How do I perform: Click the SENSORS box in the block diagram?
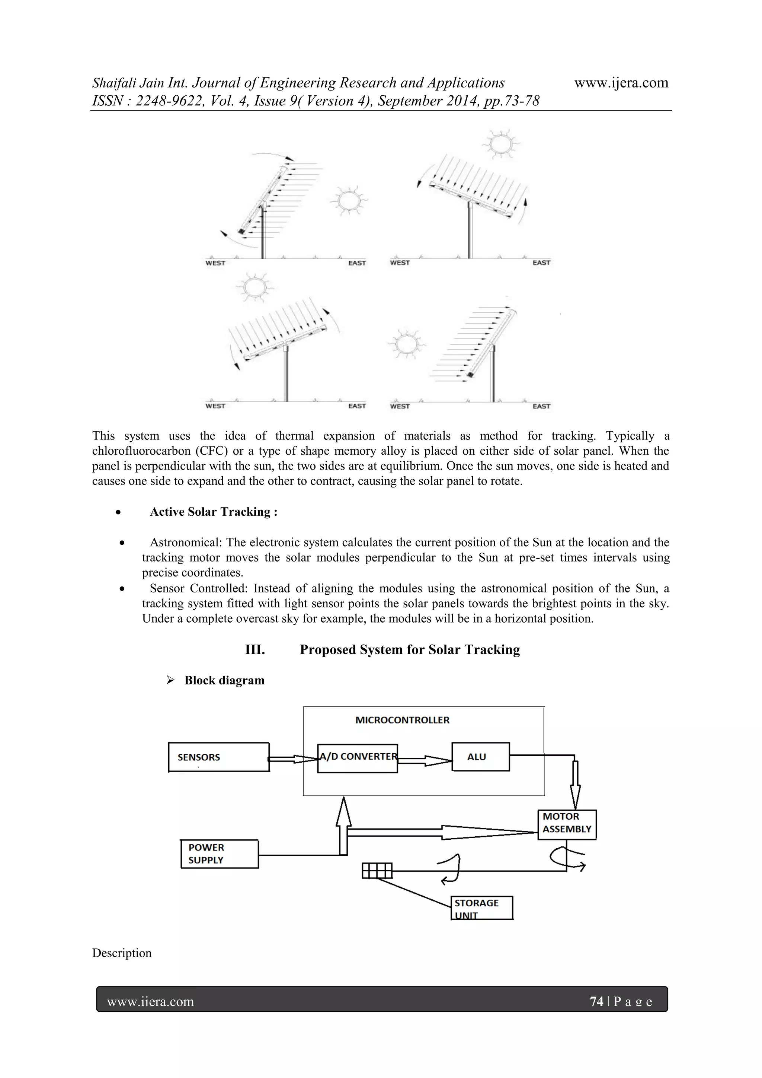click(219, 757)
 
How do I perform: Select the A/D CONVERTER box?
click(358, 758)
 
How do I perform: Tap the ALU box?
click(480, 756)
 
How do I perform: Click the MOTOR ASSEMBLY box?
click(567, 824)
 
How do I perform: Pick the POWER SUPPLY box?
click(220, 853)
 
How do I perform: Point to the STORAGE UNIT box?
click(482, 907)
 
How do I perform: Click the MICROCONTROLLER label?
click(402, 720)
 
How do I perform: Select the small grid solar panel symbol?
click(377, 871)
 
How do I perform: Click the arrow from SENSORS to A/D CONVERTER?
click(293, 759)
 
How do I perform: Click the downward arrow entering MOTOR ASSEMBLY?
click(575, 785)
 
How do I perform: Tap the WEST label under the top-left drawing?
click(215, 263)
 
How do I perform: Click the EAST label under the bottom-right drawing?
click(541, 406)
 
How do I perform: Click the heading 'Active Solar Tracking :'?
click(214, 512)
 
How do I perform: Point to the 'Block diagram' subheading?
click(224, 680)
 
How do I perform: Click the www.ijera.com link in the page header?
click(621, 83)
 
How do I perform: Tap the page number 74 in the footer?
click(596, 1001)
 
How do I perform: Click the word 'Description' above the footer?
click(122, 953)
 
